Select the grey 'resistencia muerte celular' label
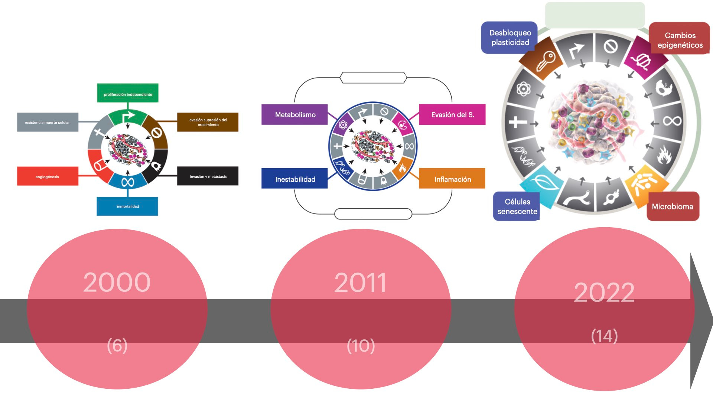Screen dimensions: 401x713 coord(48,122)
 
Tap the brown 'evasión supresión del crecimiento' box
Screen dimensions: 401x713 coord(208,122)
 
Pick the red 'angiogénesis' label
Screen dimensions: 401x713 coord(48,176)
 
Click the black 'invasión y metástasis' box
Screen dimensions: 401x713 coord(208,176)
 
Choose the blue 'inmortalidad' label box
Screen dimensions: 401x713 coord(127,206)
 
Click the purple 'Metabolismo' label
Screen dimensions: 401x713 coord(295,115)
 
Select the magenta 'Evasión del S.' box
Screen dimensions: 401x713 coord(452,115)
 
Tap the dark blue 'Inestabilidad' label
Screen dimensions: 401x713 coord(295,179)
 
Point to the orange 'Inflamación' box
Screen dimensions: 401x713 coord(452,179)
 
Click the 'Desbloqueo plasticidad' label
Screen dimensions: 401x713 coord(509,38)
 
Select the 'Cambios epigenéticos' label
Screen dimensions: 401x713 coord(680,40)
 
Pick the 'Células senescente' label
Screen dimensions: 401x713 coord(517,206)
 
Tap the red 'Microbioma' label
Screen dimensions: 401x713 coord(672,206)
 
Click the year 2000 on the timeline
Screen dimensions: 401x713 coord(117,282)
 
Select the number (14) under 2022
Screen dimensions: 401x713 coord(604,336)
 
